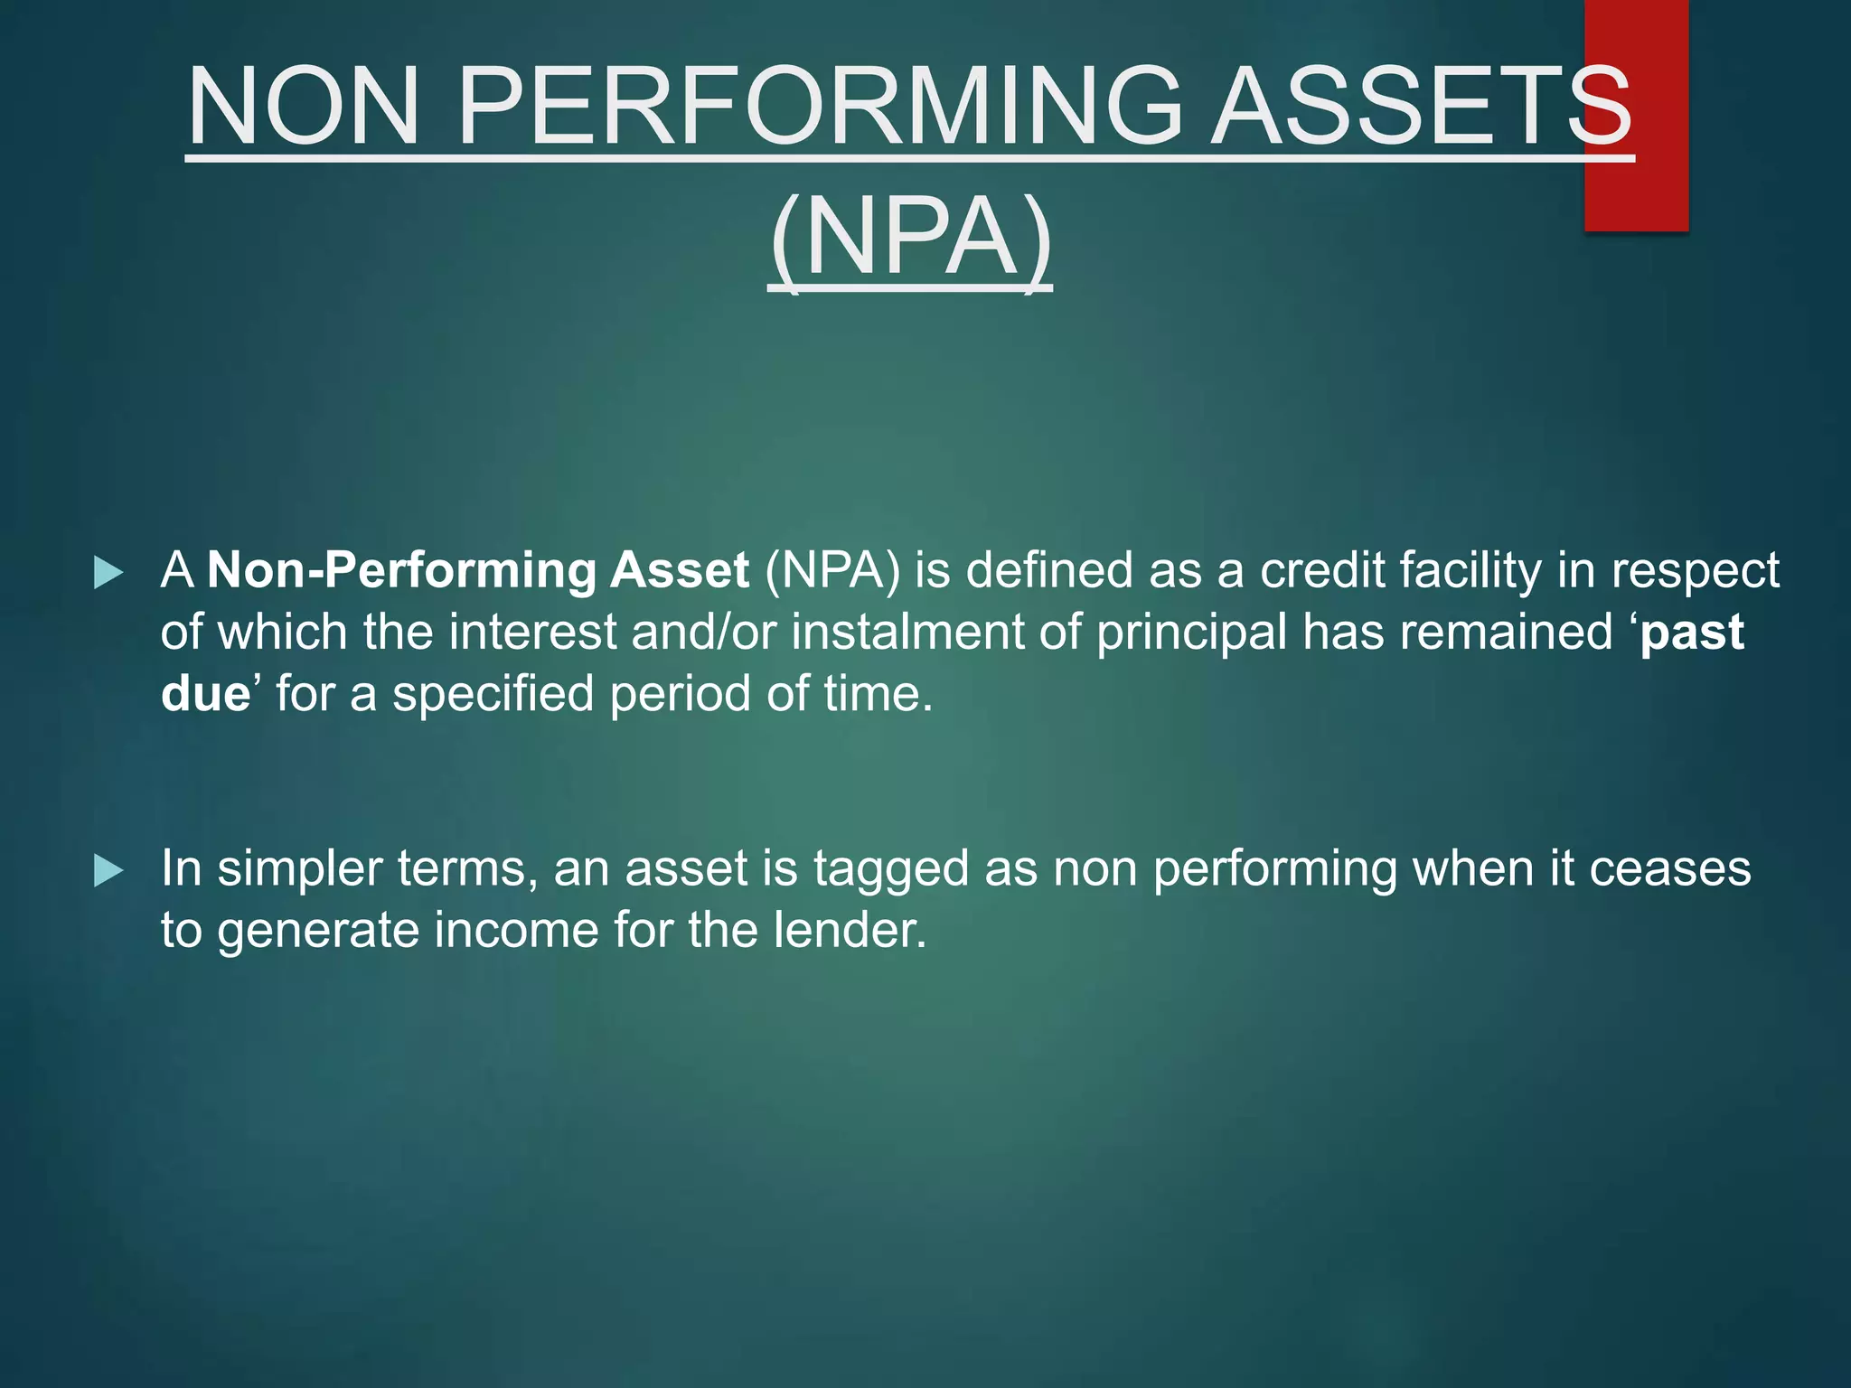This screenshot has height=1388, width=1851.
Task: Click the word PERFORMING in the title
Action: point(818,107)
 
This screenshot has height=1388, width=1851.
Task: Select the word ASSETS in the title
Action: point(1421,107)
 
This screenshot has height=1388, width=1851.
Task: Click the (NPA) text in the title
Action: point(910,239)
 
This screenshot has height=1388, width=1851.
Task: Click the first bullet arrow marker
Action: point(108,573)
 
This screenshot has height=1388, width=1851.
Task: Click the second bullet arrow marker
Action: point(108,871)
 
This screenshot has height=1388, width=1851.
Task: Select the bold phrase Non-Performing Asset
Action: point(478,571)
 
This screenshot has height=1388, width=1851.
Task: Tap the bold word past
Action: point(1692,633)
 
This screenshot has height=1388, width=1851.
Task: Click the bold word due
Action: point(205,694)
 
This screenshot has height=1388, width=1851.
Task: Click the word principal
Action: point(1191,633)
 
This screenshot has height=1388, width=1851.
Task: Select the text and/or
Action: point(703,632)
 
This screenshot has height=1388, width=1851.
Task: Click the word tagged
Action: point(891,869)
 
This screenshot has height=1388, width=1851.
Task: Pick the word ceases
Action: point(1670,869)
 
